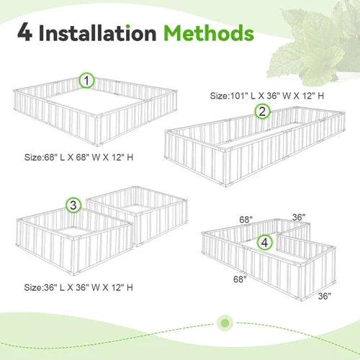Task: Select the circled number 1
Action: [x=87, y=81]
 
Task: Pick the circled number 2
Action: [x=262, y=111]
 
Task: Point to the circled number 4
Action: [x=266, y=243]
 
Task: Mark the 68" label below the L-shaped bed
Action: [x=240, y=278]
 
